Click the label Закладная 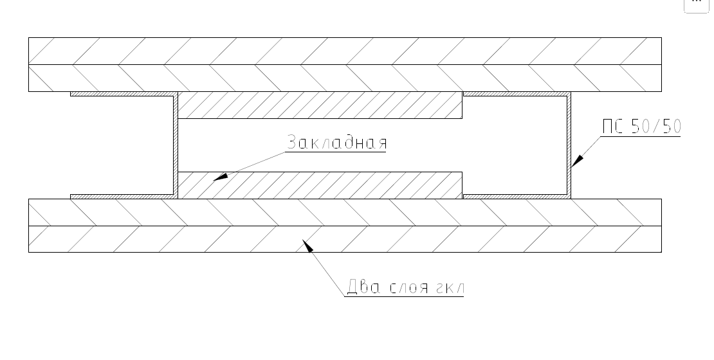point(337,142)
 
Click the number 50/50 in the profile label point(656,126)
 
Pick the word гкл point(450,288)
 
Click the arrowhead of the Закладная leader point(221,177)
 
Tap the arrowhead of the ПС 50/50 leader point(577,161)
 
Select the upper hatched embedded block point(320,105)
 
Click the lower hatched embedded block point(320,185)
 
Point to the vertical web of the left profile point(176,145)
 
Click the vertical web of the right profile point(569,145)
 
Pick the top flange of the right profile point(517,94)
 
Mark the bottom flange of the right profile point(517,197)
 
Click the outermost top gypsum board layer point(345,51)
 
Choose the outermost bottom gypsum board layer point(345,239)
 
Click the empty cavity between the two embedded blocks point(320,145)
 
